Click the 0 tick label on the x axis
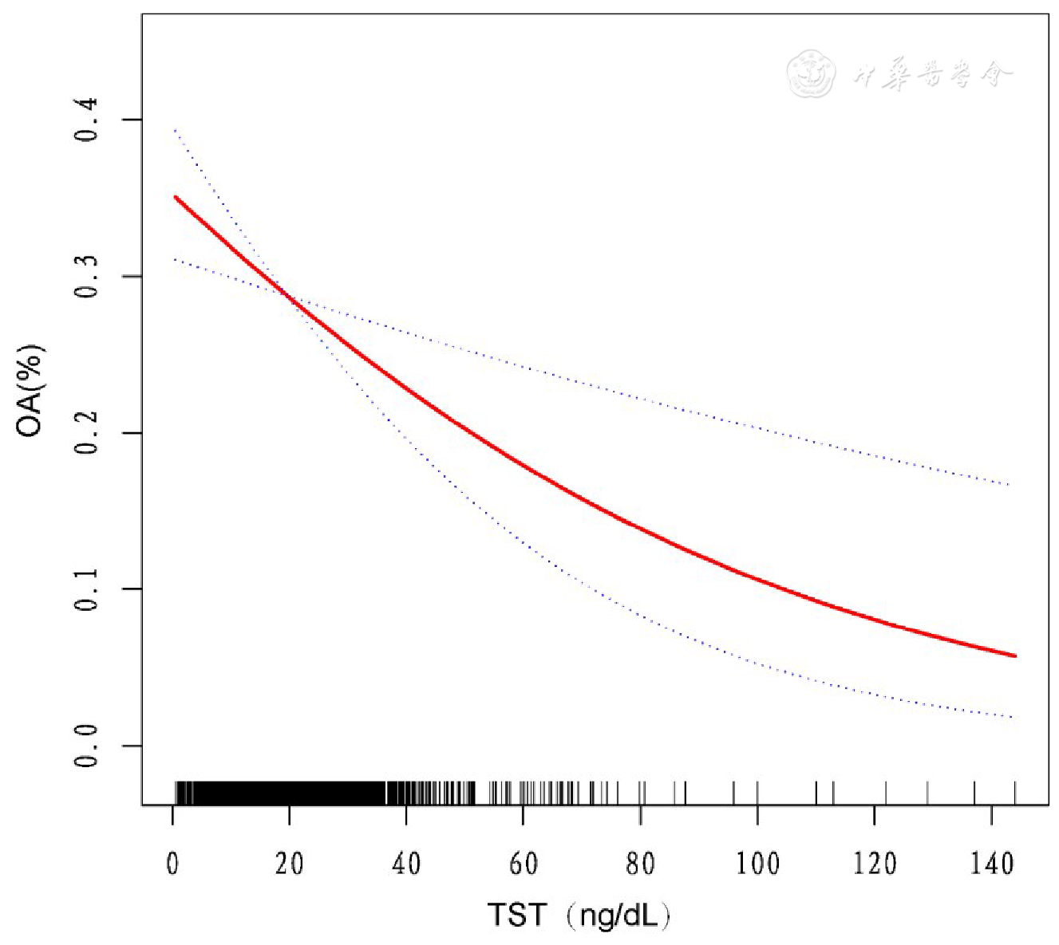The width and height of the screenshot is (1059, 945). coord(172,864)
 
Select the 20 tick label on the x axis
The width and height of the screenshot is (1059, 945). coord(289,864)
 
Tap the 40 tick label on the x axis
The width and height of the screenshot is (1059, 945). coord(406,864)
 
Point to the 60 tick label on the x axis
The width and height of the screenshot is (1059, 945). coord(523,864)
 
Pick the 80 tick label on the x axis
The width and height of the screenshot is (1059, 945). coord(640,864)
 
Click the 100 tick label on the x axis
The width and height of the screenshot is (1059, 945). coord(757,864)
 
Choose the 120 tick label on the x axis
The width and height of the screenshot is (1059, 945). coord(874,864)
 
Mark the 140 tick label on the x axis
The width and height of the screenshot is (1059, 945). coord(991,864)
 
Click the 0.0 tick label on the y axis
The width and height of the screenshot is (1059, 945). coord(86,746)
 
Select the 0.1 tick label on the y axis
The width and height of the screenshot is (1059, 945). coord(86,589)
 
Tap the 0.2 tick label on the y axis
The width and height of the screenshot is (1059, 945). coord(86,433)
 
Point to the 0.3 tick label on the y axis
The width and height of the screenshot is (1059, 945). coord(86,277)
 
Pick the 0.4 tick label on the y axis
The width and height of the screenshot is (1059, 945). coord(86,120)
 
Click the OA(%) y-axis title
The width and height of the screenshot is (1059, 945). coord(30,391)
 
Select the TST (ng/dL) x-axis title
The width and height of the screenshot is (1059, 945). coord(579,915)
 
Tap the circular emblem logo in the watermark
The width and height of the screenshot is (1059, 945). coord(810,74)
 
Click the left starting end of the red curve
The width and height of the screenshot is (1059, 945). coord(176,197)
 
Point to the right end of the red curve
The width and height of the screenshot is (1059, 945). coord(1014,656)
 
